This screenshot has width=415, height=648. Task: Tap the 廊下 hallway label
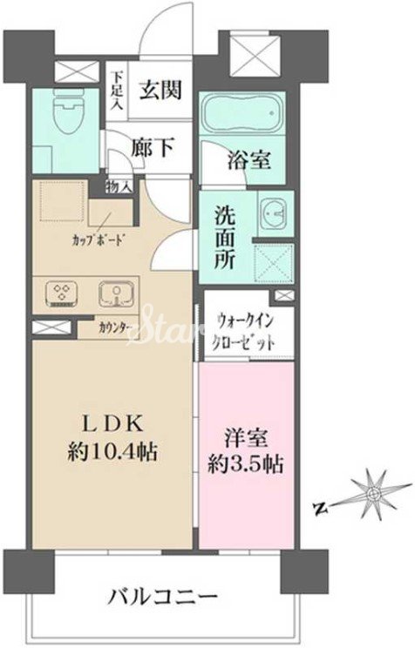coord(153,148)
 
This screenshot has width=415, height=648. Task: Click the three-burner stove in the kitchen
coord(63,292)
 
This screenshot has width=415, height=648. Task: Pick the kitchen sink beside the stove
coord(115,292)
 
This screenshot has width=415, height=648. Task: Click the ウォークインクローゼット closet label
coord(245,331)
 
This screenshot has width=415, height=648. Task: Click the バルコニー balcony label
coord(163,600)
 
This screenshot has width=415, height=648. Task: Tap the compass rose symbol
coord(372,495)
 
